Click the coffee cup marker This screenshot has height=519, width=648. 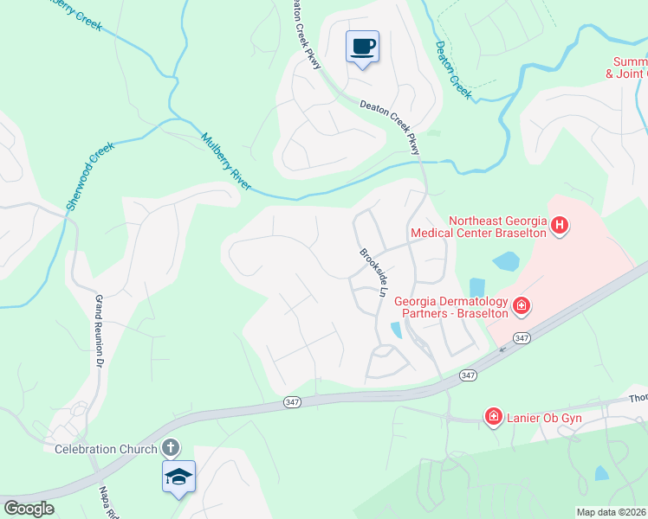tap(362, 47)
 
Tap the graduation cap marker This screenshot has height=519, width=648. tap(178, 477)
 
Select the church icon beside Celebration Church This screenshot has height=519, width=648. tap(171, 448)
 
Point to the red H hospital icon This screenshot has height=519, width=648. tap(560, 227)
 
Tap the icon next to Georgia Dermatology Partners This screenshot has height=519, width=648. tap(522, 304)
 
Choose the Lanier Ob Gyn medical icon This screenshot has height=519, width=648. tap(494, 419)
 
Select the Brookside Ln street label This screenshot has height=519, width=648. tap(373, 273)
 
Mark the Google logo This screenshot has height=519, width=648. tap(29, 509)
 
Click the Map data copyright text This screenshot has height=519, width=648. tap(610, 512)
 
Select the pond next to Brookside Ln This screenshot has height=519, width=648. tap(396, 330)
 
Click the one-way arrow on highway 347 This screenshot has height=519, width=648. tap(501, 350)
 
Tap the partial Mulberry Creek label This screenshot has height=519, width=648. tap(74, 16)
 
